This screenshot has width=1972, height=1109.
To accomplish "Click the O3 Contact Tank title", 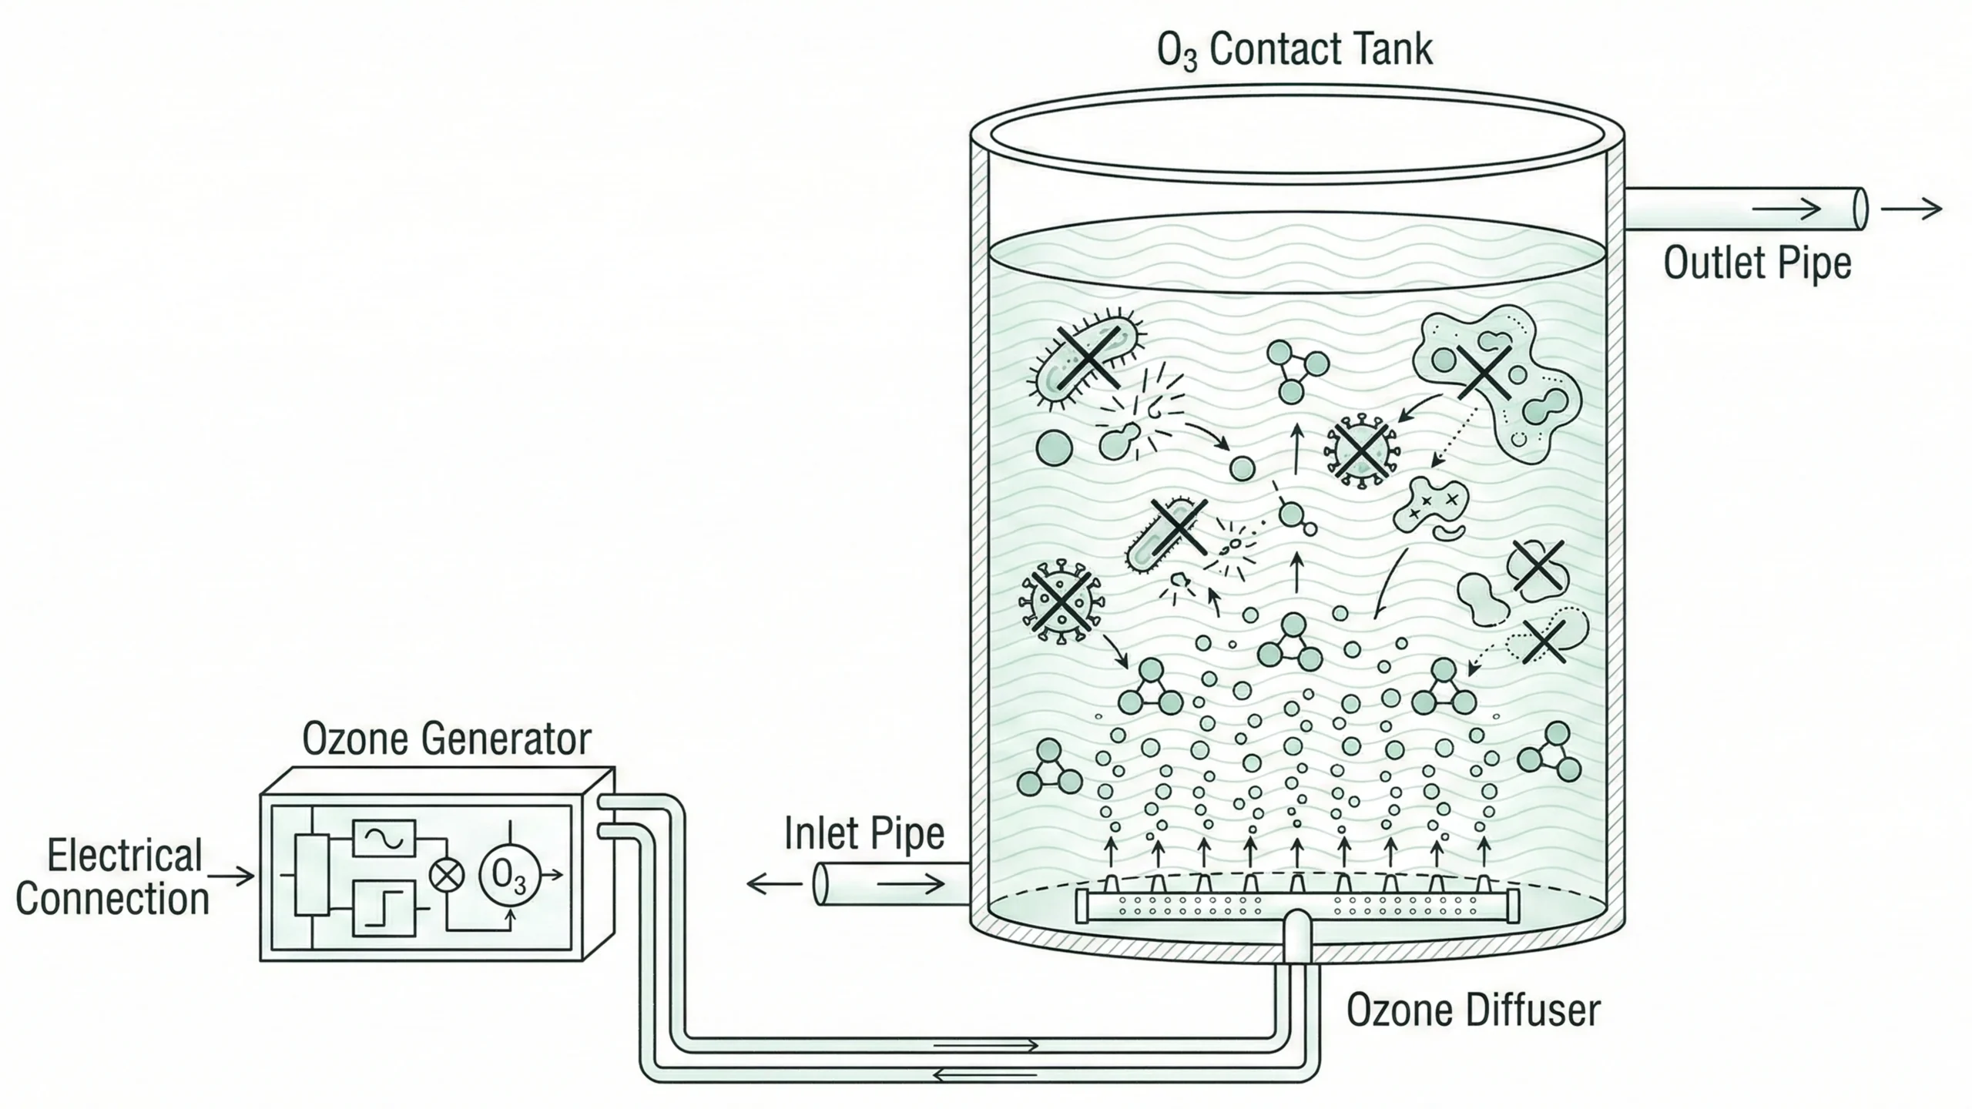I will (x=1294, y=50).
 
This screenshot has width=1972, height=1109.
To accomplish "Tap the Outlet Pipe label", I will (x=1757, y=263).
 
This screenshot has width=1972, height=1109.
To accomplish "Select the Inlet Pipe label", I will (x=864, y=834).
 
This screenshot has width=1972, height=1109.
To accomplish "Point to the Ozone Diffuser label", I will (x=1473, y=1010).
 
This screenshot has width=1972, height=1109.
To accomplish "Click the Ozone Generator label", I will (x=446, y=739).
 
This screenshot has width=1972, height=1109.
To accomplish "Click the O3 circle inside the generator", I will (x=509, y=874).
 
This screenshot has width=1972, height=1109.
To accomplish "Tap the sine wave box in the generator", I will (x=384, y=838).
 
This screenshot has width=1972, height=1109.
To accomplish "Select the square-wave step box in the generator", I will (x=384, y=909).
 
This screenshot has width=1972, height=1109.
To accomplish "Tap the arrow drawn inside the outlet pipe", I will (x=1787, y=209).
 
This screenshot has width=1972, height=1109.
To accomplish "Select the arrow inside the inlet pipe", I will (x=911, y=884).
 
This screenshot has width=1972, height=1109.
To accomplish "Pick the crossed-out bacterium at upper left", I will (x=1086, y=358).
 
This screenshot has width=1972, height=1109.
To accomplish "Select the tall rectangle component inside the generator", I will (x=312, y=875).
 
